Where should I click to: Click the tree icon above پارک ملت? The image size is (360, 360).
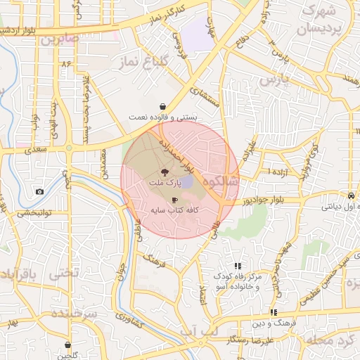coord(165,172)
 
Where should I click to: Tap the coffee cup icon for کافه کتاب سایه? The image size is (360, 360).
coord(174,200)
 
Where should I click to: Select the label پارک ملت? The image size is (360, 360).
coord(165,182)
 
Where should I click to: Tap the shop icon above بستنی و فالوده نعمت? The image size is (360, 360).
coord(163,106)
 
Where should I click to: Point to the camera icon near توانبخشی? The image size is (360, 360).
coord(39,192)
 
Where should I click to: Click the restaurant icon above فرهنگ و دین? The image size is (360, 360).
coord(273,311)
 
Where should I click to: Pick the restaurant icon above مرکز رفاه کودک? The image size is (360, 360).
coord(238,266)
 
